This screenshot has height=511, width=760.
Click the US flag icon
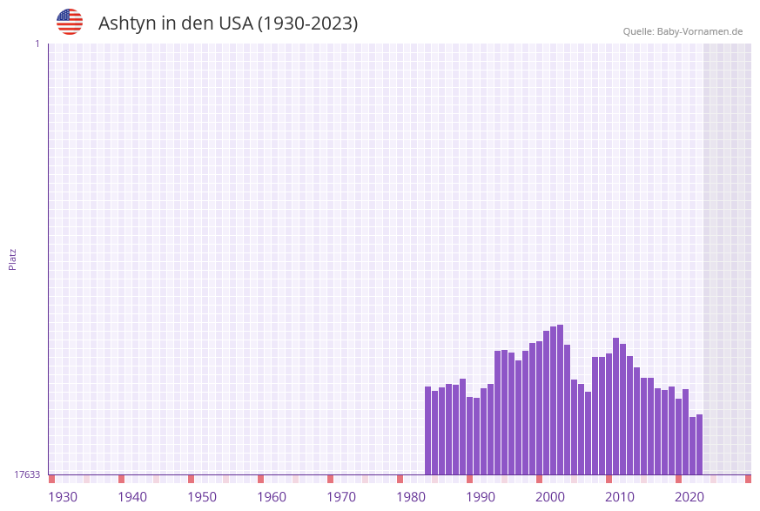click(70, 22)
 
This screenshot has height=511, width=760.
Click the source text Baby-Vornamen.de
click(699, 31)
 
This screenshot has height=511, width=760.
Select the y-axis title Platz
click(13, 259)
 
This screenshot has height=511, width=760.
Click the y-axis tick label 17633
click(27, 474)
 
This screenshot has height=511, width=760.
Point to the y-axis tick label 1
click(37, 44)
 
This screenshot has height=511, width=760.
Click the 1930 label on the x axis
click(63, 497)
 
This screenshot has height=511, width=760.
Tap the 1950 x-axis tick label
click(202, 497)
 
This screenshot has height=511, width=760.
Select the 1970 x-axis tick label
click(341, 497)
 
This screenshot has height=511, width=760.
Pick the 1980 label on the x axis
click(411, 497)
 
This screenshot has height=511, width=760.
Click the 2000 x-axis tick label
click(550, 497)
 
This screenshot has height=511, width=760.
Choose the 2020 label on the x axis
click(689, 497)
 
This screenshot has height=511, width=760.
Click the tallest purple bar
click(560, 400)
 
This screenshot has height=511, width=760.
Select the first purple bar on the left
click(428, 430)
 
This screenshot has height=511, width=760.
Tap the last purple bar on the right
click(699, 444)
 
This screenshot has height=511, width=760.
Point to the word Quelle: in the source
click(638, 31)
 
